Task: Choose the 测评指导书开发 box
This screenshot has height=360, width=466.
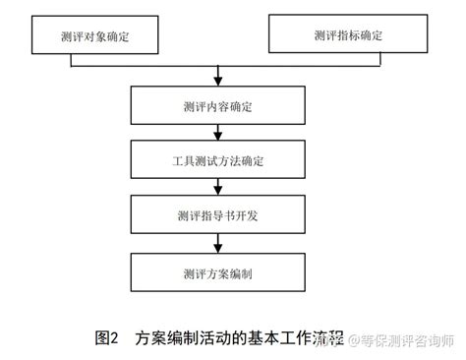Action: (x=215, y=213)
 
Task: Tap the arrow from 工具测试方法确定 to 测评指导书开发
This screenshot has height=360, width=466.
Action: (x=215, y=187)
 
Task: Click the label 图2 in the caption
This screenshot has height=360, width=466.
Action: (x=106, y=339)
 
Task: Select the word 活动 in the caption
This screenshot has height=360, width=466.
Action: (x=218, y=339)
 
